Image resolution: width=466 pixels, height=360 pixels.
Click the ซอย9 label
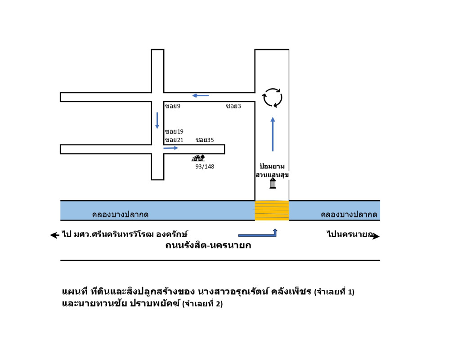173,106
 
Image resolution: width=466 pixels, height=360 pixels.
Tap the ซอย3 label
233,106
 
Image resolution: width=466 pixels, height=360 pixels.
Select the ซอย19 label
174,132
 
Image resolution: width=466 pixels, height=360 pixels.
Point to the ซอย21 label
174,140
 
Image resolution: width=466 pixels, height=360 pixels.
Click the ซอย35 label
205,140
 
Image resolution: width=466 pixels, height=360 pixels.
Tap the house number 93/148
205,166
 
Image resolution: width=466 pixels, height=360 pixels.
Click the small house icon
198,158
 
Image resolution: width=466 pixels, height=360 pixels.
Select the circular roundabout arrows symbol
272,98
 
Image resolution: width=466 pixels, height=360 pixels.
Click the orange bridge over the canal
272,211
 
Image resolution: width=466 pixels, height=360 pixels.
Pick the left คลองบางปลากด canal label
120,215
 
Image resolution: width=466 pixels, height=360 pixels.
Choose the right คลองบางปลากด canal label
349,215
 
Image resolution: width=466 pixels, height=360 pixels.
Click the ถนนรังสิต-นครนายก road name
208,246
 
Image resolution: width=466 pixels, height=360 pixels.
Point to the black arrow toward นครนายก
376,236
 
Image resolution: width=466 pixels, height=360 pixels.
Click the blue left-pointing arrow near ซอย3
201,95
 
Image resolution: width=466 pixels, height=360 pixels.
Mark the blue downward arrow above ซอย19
157,121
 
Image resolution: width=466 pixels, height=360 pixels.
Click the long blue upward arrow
272,134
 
